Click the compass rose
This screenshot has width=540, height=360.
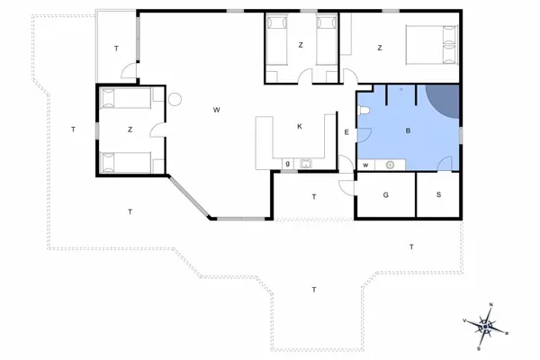coord(486,327)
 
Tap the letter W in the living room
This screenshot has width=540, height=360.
coord(217,110)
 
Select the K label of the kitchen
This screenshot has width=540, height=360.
coord(300,127)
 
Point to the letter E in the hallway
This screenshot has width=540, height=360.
coord(346,133)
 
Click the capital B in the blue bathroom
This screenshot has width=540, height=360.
coord(408,131)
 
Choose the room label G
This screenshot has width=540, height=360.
coord(385,194)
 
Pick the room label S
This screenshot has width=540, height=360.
coord(439,194)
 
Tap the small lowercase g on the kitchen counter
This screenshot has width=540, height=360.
coord(287,164)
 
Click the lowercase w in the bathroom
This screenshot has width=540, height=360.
coord(366,165)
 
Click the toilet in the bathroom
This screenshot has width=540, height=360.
coord(364,110)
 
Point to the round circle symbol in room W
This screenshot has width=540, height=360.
coord(176,100)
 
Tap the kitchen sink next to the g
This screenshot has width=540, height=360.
coord(305,164)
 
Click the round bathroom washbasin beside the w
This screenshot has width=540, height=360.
coord(390,165)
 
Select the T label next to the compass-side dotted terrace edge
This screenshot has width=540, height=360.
coord(411,247)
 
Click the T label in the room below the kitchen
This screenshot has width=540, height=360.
coord(314,196)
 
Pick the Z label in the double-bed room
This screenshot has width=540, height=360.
coord(380,48)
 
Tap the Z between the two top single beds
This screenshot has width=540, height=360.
coord(301,46)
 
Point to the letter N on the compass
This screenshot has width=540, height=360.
coord(491,305)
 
